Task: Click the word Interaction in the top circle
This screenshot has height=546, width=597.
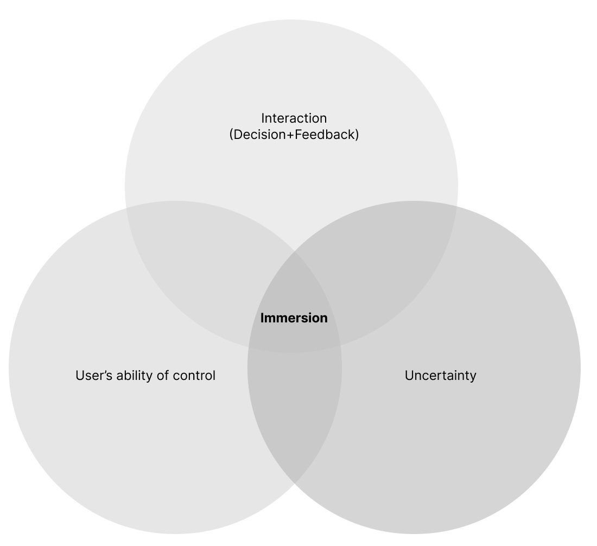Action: pyautogui.click(x=294, y=118)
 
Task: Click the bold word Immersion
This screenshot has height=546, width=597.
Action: pyautogui.click(x=294, y=318)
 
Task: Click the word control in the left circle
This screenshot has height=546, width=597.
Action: pyautogui.click(x=194, y=376)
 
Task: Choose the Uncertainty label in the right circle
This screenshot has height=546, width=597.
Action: pyautogui.click(x=440, y=376)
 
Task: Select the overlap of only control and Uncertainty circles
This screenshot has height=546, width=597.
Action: pyautogui.click(x=295, y=418)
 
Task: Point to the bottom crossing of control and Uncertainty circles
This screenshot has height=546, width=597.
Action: pyautogui.click(x=295, y=484)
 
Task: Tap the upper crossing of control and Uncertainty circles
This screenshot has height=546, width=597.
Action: pyautogui.click(x=295, y=251)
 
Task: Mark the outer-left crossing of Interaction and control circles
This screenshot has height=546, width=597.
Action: pyautogui.click(x=126, y=208)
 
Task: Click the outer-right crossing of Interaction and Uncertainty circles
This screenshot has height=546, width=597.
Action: pyautogui.click(x=457, y=208)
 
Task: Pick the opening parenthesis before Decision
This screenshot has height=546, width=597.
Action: pyautogui.click(x=231, y=135)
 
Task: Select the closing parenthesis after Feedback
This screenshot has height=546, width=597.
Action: pyautogui.click(x=357, y=135)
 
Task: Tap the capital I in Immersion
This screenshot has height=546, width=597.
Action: pyautogui.click(x=263, y=318)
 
